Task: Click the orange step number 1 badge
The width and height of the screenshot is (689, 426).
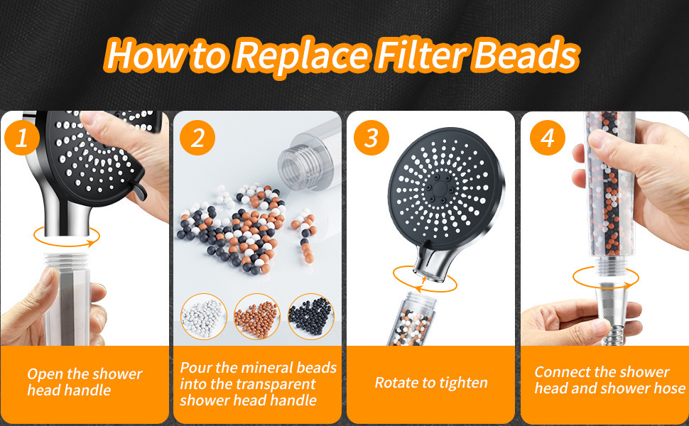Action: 22,138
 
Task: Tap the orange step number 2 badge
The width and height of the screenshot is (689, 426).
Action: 197,138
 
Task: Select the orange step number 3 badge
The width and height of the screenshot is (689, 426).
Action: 371,138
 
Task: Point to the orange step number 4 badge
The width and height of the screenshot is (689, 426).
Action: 546,138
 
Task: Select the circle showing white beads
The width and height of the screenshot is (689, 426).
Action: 203,316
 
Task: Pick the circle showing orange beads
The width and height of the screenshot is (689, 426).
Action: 257,316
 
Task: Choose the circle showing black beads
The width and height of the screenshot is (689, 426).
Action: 311,316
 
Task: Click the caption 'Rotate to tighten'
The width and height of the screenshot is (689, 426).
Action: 431,383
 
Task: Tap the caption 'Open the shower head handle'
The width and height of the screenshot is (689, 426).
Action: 85,382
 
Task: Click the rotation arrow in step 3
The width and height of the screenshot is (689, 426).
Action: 423,277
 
